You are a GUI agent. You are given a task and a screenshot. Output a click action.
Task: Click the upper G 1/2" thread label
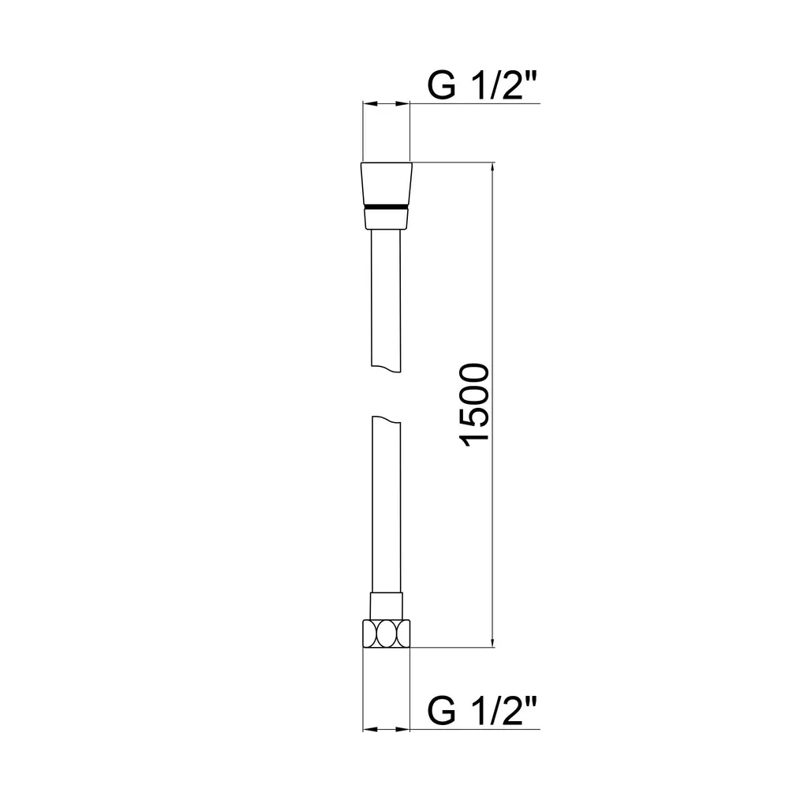click(482, 85)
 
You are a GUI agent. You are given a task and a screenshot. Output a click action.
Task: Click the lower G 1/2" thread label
click(482, 711)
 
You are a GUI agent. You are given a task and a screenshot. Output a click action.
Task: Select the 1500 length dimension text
click(474, 405)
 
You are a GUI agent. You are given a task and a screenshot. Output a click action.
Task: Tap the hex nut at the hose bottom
click(387, 634)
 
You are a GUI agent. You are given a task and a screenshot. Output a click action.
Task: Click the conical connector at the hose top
click(387, 184)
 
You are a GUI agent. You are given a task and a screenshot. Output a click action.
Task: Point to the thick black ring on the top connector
click(387, 207)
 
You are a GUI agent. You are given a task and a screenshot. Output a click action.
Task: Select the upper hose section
click(386, 301)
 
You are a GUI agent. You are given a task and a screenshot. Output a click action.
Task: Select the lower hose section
click(387, 504)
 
